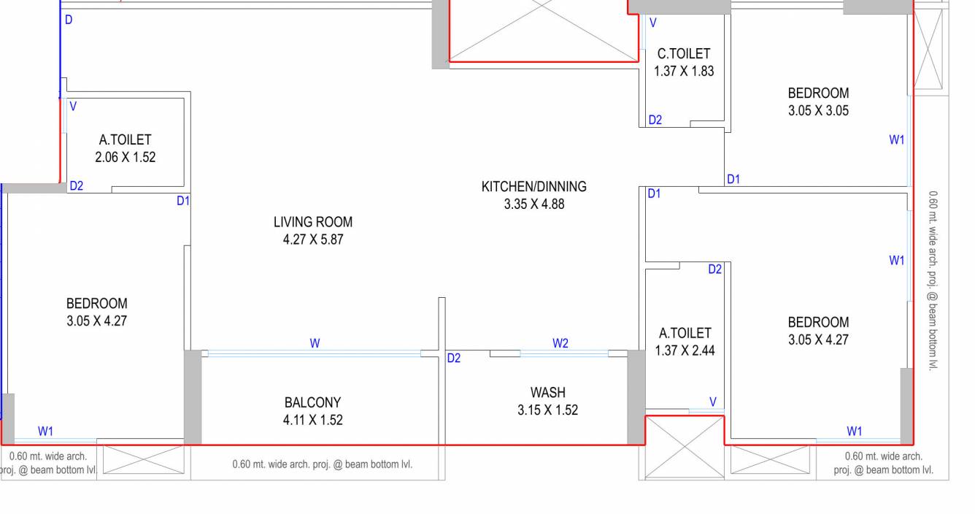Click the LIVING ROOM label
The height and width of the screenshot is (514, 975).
[x=313, y=222]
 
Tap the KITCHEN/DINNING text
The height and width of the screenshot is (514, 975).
[x=533, y=187]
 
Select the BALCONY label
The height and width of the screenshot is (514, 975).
[x=312, y=402]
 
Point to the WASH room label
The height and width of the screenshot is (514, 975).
[x=547, y=393]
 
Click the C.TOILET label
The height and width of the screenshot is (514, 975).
[x=683, y=53]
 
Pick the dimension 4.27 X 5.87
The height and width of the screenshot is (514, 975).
[x=313, y=239]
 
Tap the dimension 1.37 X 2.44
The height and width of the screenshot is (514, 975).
[x=685, y=350]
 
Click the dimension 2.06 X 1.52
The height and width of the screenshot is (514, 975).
[x=125, y=157]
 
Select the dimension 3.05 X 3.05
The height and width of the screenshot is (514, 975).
[x=818, y=111]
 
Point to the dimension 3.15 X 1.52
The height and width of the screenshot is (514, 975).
[x=547, y=410]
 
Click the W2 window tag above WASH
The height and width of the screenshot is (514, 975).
[x=560, y=343]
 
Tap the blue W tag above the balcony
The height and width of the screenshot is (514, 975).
[x=315, y=343]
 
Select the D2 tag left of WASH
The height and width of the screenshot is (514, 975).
[x=454, y=358]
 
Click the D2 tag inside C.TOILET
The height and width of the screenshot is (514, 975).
[x=655, y=120]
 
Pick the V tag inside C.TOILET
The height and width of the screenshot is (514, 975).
[x=653, y=23]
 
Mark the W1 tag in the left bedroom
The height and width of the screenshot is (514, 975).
[x=45, y=431]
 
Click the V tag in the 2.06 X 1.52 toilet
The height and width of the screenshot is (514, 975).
[x=73, y=107]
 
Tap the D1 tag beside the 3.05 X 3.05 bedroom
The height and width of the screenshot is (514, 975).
[x=733, y=179]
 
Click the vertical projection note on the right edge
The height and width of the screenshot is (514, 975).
[x=933, y=281]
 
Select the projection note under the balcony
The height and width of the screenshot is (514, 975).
[x=322, y=464]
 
